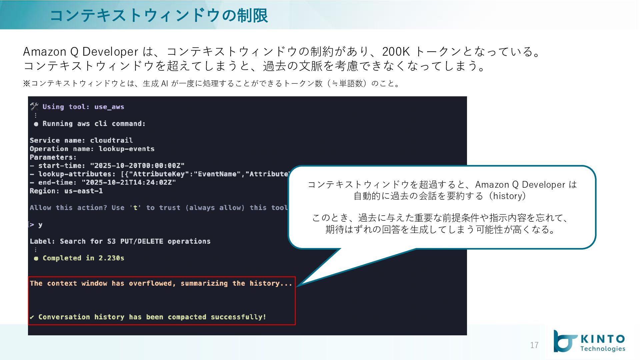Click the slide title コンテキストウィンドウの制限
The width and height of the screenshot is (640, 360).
(159, 15)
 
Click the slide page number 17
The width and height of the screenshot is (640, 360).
(534, 345)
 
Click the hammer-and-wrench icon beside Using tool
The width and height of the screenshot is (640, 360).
(34, 107)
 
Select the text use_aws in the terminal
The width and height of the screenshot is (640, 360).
(109, 107)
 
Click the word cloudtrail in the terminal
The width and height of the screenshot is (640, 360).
(111, 140)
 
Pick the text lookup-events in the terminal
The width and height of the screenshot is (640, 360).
(126, 149)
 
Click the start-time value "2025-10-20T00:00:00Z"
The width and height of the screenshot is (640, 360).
(137, 166)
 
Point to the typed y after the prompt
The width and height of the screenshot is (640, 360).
(40, 225)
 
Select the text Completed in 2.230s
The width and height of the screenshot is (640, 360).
(83, 258)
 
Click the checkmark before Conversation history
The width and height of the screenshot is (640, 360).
(32, 317)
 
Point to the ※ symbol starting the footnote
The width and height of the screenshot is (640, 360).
(27, 83)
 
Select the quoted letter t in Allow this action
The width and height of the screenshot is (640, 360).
(135, 208)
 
